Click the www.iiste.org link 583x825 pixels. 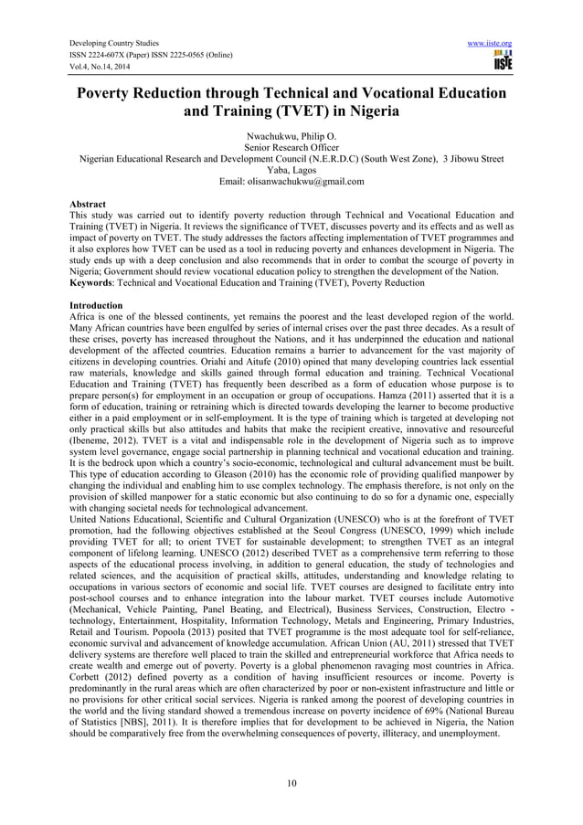488,43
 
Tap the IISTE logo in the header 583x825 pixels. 502,61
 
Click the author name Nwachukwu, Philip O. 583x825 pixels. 291,135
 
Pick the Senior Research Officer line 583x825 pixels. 291,146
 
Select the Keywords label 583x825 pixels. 95,283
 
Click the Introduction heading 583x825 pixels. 99,305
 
